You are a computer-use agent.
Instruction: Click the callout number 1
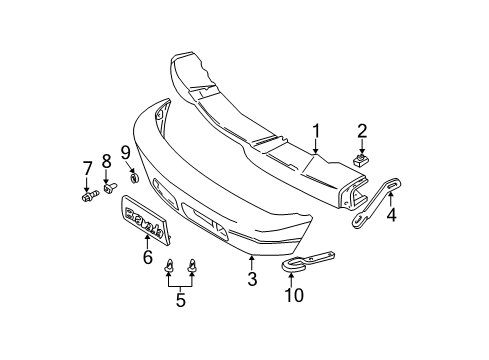coord(317,130)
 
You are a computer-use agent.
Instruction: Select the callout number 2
coord(362,130)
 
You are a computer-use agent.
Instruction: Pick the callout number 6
coord(148,258)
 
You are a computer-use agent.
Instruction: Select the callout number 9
coord(126,151)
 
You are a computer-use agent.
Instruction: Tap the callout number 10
coord(292,297)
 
